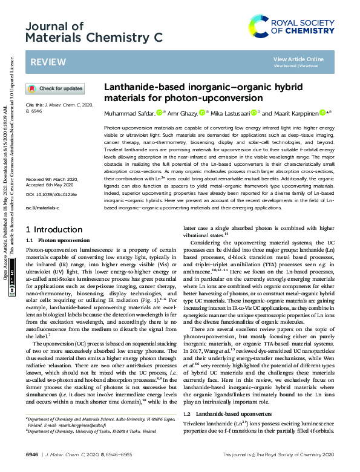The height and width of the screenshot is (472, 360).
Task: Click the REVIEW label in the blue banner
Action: pyautogui.click(x=44, y=62)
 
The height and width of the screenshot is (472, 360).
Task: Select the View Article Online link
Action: pyautogui.click(x=298, y=59)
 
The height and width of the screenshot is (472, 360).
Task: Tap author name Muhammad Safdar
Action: pyautogui.click(x=129, y=113)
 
